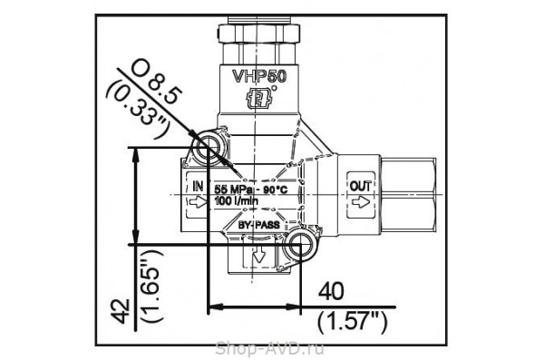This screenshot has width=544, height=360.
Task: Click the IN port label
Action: pos(197,185)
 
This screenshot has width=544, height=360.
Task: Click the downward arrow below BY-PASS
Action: pos(260,256)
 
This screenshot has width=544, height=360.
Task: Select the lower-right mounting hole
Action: pos(299,244)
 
